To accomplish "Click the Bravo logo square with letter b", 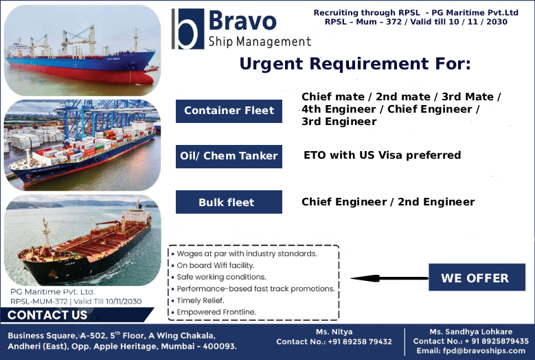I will pyautogui.click(x=187, y=28).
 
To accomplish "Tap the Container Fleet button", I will pyautogui.click(x=229, y=110).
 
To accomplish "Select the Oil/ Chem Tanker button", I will pyautogui.click(x=229, y=156).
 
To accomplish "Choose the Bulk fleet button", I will pyautogui.click(x=227, y=202).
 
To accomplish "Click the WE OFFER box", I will pyautogui.click(x=475, y=278).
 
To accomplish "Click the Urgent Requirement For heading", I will pyautogui.click(x=354, y=64).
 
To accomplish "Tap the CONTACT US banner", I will pyautogui.click(x=48, y=315).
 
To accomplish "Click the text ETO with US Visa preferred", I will pyautogui.click(x=382, y=155).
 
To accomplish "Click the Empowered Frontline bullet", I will pyautogui.click(x=216, y=312).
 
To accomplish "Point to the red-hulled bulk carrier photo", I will pyautogui.click(x=82, y=49).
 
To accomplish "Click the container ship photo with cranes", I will pyautogui.click(x=82, y=144).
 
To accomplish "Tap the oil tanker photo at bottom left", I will pyautogui.click(x=82, y=240).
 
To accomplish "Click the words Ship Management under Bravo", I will pyautogui.click(x=260, y=42).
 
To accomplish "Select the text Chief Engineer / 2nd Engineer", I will pyautogui.click(x=388, y=202).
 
